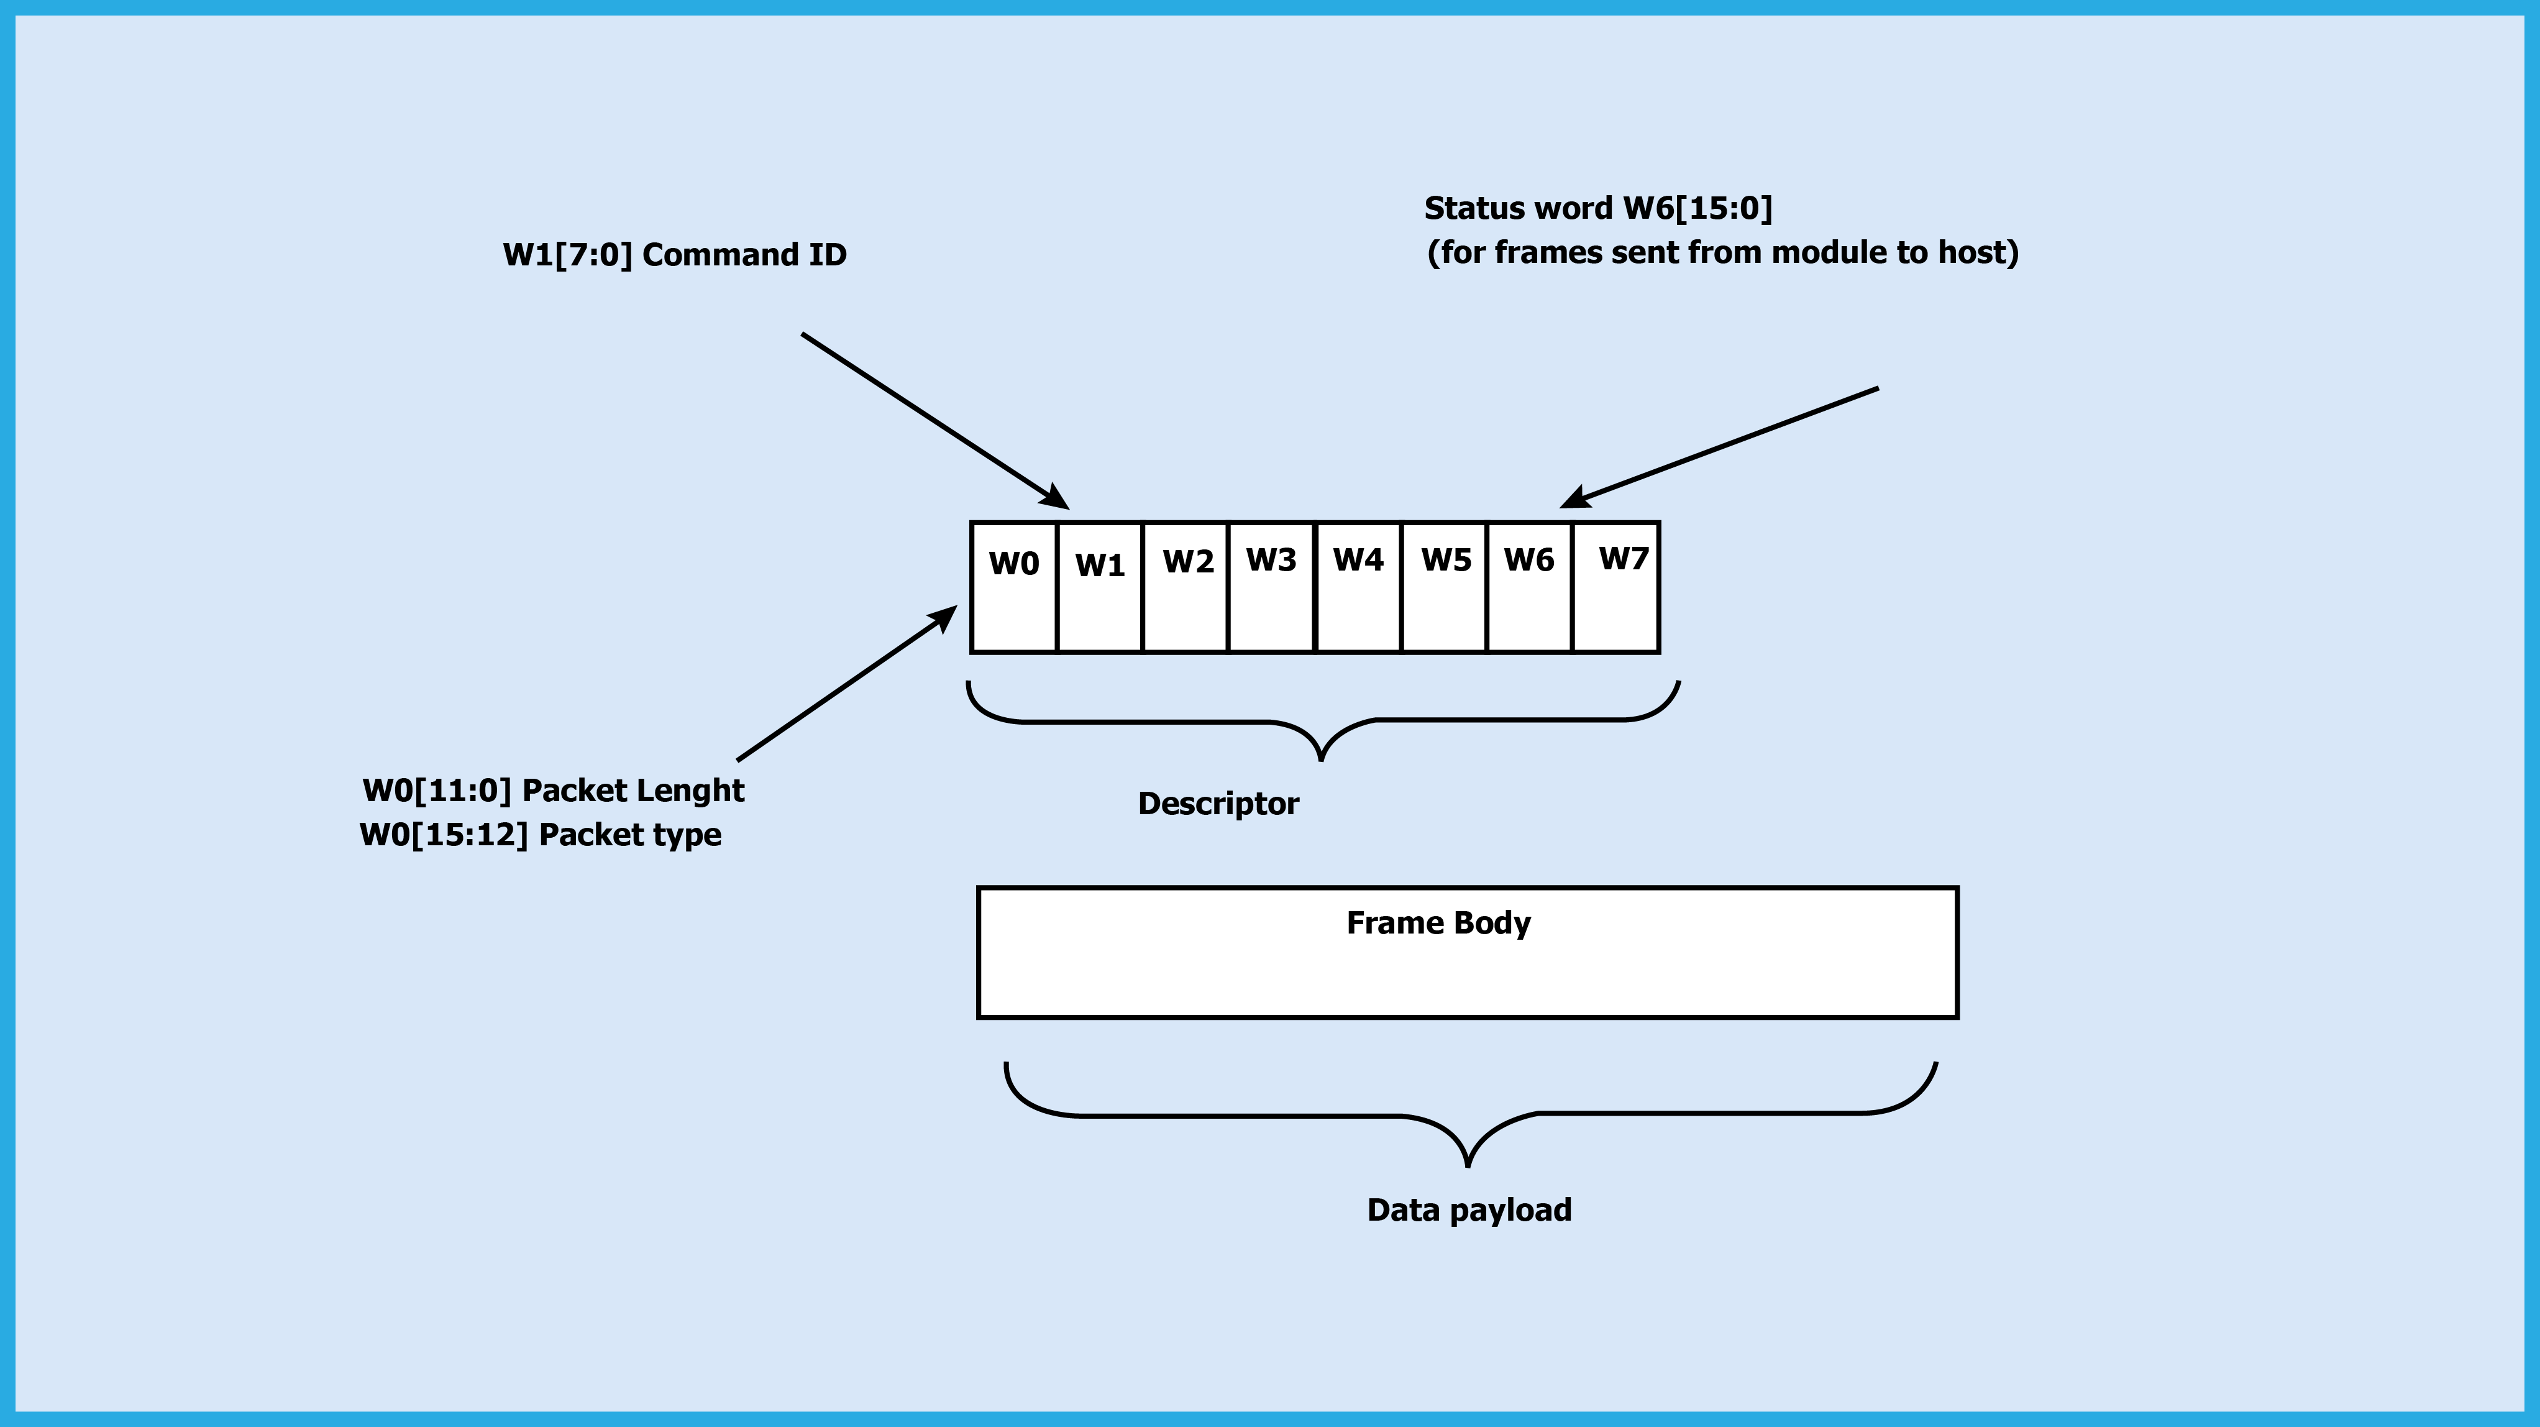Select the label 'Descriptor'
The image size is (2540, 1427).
click(1218, 804)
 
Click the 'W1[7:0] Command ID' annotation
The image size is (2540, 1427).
click(674, 254)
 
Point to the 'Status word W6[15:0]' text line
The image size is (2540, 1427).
click(1597, 208)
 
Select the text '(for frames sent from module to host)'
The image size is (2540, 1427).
click(1722, 252)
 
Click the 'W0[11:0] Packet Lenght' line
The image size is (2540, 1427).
click(553, 790)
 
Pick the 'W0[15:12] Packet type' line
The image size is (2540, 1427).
click(541, 834)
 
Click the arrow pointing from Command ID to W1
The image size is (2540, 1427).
click(932, 419)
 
